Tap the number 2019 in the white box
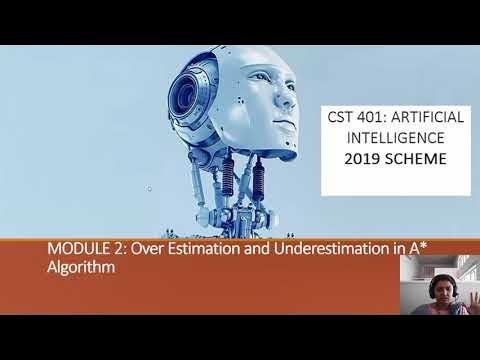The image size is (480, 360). pos(365,158)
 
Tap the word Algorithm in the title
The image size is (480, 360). pos(80,268)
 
